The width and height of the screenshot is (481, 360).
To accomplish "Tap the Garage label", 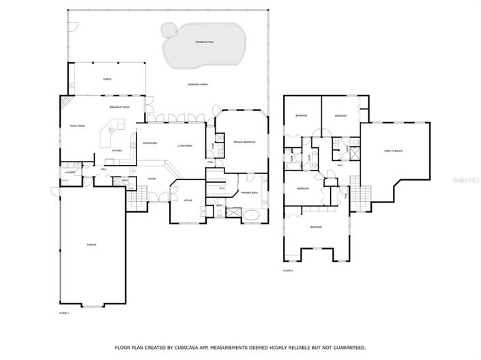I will [x=91, y=244].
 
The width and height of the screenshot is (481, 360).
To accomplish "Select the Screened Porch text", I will [x=199, y=85].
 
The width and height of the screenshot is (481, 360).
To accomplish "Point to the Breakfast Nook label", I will [x=119, y=108].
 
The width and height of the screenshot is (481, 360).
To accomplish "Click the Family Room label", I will [x=77, y=126].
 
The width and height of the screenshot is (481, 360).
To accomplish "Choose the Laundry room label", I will [x=70, y=172].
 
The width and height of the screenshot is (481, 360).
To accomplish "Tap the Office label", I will [x=188, y=200].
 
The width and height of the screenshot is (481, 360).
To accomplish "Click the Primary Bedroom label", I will [x=244, y=142].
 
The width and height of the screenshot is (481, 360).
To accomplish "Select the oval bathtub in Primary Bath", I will [x=252, y=215].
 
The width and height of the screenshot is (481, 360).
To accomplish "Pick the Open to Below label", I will [x=394, y=151].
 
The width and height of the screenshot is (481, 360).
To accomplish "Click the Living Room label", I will [x=184, y=145].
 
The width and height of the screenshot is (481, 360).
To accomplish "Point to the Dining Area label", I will [x=150, y=143].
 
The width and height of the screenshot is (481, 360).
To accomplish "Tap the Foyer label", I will [x=152, y=179].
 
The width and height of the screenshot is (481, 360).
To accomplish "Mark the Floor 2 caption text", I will [x=288, y=271].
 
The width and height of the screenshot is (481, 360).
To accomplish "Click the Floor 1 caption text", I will [x=64, y=312].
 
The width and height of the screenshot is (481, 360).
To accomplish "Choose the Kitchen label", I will [x=117, y=150].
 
